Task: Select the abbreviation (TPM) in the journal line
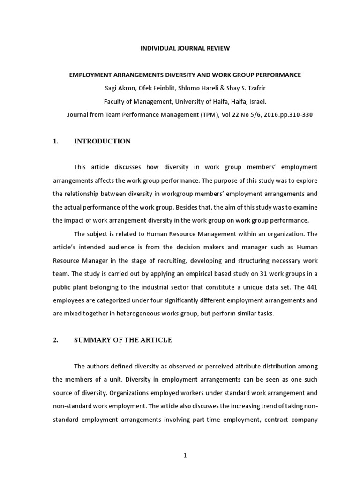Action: click(196, 113)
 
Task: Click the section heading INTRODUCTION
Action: click(102, 141)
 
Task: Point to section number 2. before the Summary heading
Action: click(55, 340)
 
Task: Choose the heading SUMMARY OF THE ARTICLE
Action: click(123, 340)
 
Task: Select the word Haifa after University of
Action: click(197, 100)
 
